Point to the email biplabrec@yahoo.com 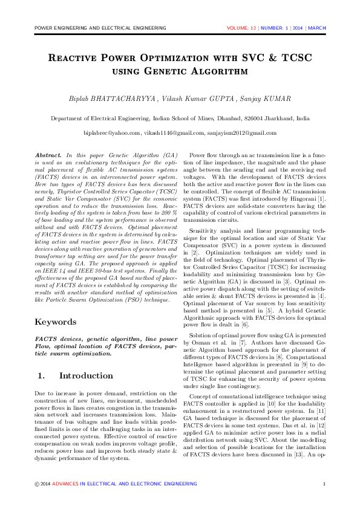coord(112,132)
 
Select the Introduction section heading coord(86,375)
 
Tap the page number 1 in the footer coord(324,484)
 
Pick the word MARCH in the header coord(317,28)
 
